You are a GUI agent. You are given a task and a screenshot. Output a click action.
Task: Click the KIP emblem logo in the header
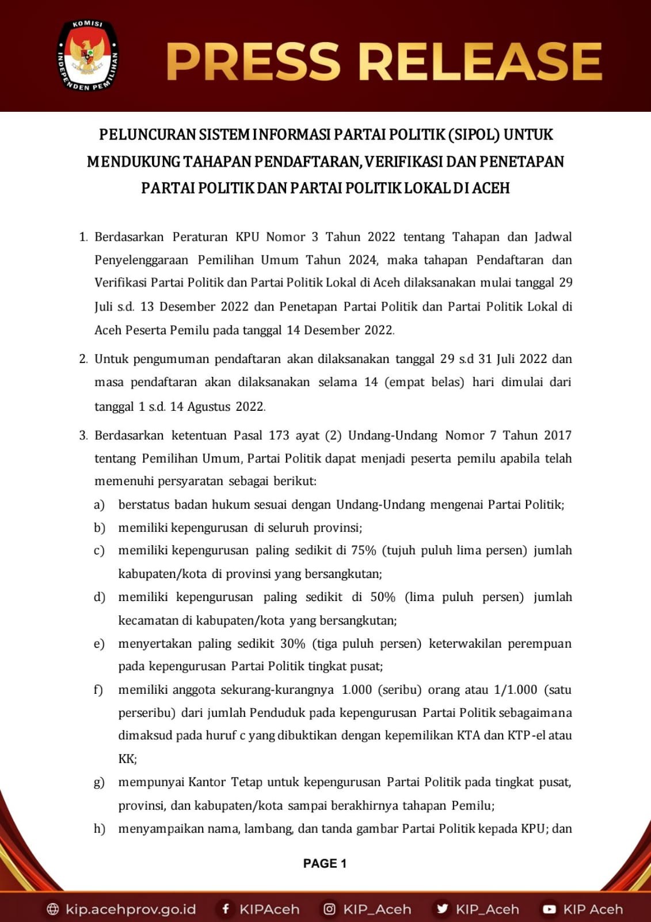tap(88, 56)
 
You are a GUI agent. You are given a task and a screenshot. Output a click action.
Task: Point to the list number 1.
tap(83, 237)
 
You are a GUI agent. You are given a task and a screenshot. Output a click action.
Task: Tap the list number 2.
tap(83, 360)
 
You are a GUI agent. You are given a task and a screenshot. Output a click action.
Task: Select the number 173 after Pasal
tap(279, 436)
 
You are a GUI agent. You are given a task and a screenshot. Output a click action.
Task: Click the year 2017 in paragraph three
tap(557, 436)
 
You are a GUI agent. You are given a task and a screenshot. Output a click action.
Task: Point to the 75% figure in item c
tap(363, 550)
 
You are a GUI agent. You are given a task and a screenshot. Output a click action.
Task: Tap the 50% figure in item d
tap(383, 597)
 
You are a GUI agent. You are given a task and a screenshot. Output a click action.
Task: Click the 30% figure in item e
tap(292, 644)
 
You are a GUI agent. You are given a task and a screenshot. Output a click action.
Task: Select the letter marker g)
tap(99, 783)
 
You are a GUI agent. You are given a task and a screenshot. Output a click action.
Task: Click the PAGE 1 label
tap(325, 863)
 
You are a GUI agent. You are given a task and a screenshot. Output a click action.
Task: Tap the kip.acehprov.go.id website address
tap(130, 909)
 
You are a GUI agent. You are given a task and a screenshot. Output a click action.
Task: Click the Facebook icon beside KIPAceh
tap(226, 909)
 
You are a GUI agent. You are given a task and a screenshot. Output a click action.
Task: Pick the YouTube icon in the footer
tap(549, 909)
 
